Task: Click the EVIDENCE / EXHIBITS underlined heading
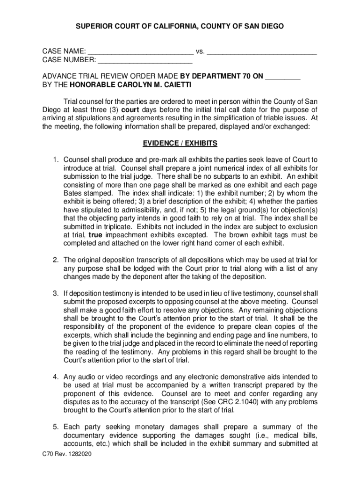click(180, 143)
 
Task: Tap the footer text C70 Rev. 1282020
click(65, 454)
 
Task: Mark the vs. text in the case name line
click(201, 51)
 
